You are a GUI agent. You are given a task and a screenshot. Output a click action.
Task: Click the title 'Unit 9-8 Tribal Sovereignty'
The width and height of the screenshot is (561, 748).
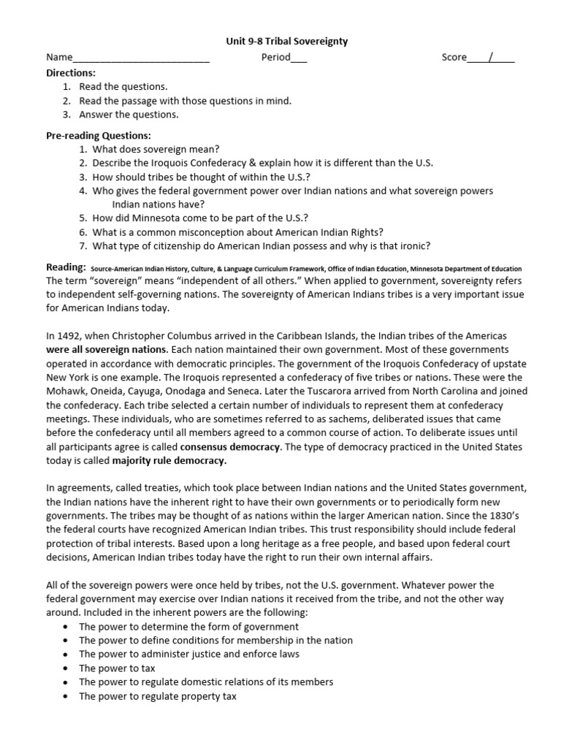pyautogui.click(x=280, y=42)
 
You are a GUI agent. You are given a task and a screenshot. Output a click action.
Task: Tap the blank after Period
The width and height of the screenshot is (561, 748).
pyautogui.click(x=299, y=58)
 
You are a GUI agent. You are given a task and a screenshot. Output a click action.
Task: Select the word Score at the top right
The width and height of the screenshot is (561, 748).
pyautogui.click(x=454, y=57)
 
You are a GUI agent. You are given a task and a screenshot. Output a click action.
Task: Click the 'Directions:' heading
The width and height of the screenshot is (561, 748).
pyautogui.click(x=71, y=73)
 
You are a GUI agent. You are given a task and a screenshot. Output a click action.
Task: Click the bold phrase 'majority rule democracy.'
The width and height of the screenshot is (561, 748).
pyautogui.click(x=169, y=460)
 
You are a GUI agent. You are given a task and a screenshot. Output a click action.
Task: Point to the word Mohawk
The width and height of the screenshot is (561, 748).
pyautogui.click(x=66, y=391)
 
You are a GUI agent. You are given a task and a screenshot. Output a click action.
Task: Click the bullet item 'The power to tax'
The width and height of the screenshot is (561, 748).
pyautogui.click(x=117, y=668)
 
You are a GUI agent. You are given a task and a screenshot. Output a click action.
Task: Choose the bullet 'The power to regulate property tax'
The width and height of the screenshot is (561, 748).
pyautogui.click(x=157, y=696)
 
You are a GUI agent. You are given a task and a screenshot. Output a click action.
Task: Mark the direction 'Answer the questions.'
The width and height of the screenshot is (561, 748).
pyautogui.click(x=129, y=115)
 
